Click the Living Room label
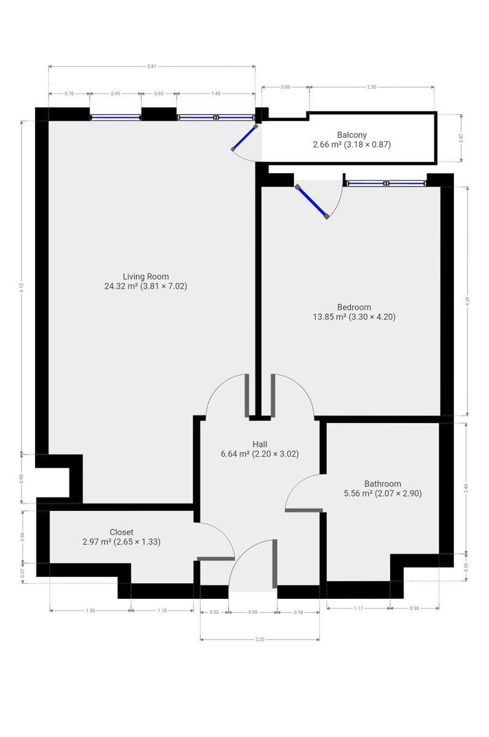145,276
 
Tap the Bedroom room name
354,307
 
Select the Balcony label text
352,135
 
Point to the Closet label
121,532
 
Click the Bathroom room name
382,484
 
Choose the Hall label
260,444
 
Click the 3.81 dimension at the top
152,66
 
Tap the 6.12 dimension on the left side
21,287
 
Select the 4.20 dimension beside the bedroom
468,301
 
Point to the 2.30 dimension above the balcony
371,87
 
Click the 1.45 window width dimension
215,94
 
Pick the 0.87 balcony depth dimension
461,138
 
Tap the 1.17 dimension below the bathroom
358,609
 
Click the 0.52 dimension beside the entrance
214,612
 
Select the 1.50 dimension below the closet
90,610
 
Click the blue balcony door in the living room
244,138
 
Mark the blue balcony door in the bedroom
312,201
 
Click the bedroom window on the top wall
386,183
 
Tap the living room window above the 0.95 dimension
115,117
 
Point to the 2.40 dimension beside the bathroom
466,488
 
